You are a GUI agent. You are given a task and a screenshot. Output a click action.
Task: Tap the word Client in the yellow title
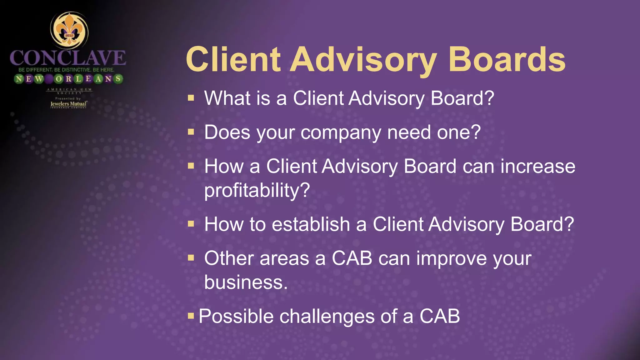[x=233, y=59]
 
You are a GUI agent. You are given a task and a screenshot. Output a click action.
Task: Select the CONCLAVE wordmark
[x=67, y=58]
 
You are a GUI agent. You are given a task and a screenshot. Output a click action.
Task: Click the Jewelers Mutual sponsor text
[x=69, y=104]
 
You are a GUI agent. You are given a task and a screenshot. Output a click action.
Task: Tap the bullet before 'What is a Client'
[x=191, y=98]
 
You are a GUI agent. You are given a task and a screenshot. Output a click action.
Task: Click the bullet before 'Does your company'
[x=191, y=132]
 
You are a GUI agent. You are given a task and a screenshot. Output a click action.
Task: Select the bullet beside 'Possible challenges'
[x=191, y=316]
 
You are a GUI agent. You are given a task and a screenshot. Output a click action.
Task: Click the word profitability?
[x=257, y=190]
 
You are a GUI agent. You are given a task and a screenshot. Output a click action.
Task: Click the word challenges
[x=327, y=316]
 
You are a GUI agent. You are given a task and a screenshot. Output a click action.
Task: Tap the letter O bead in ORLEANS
[x=58, y=79]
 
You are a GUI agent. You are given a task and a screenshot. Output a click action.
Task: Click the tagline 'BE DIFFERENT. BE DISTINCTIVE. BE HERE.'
[x=66, y=70]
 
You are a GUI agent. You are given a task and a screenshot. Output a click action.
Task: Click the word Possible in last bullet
[x=236, y=316]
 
